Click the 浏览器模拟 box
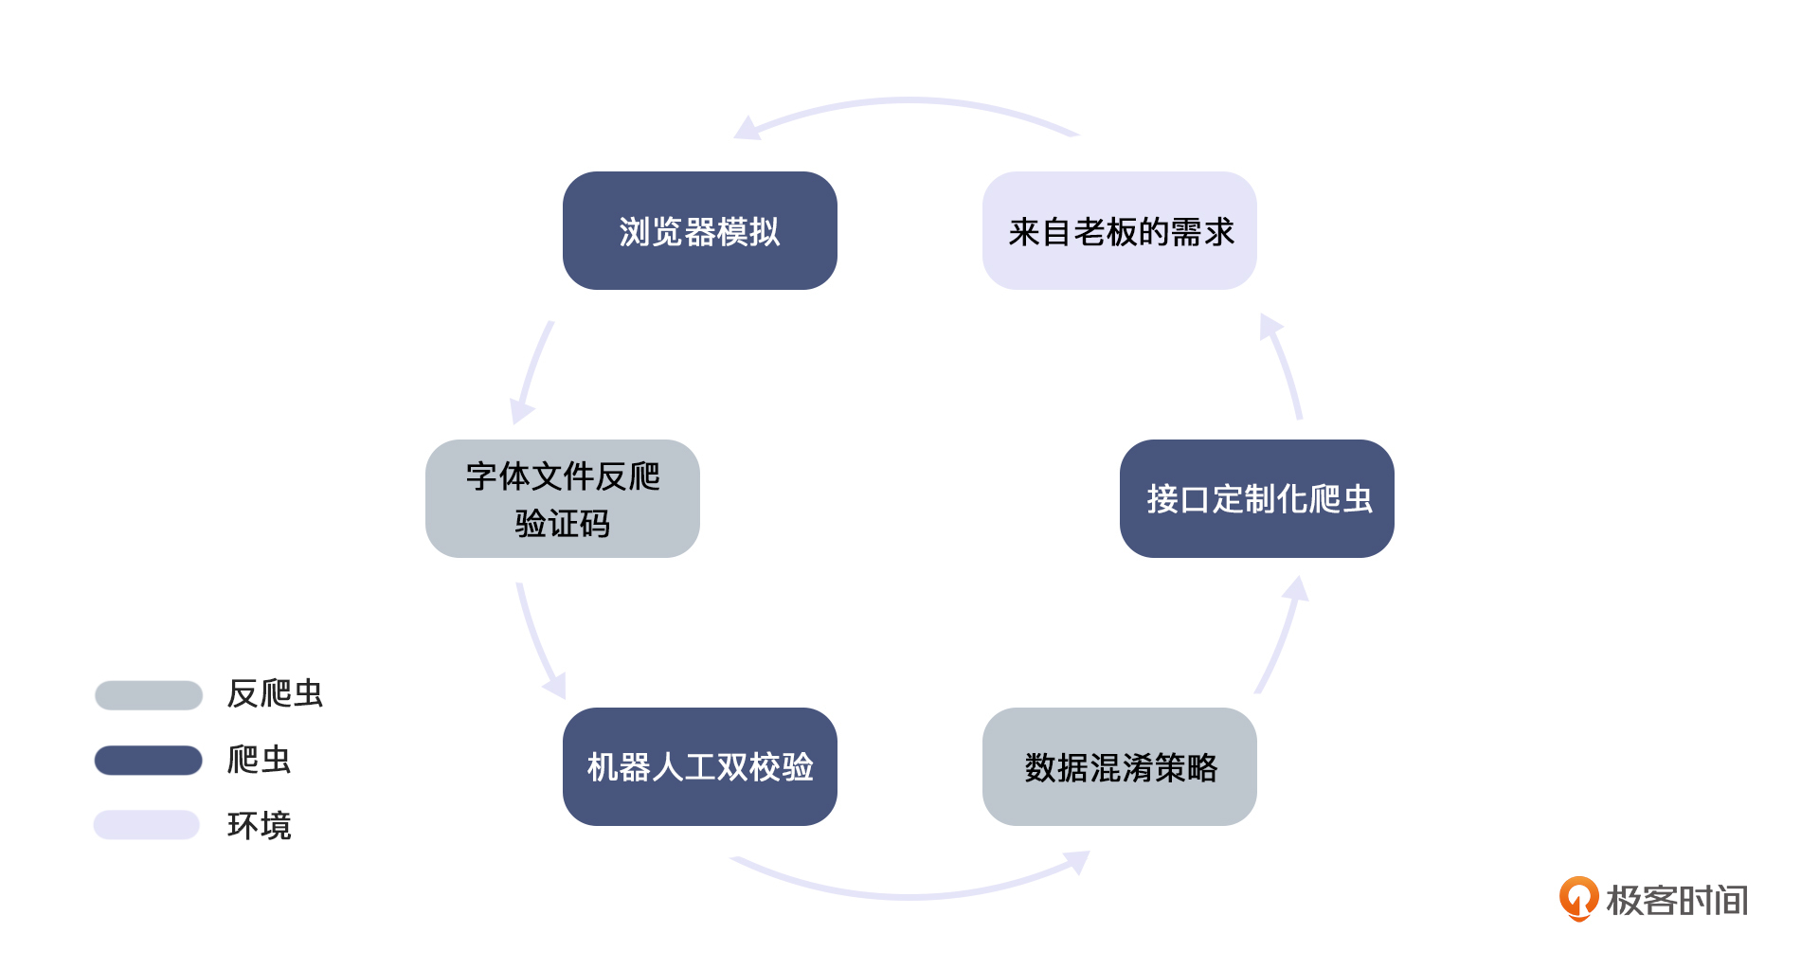[699, 231]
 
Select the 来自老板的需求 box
[1120, 231]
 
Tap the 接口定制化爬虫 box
[1256, 498]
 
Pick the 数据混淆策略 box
[1120, 766]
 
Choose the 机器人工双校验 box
[699, 766]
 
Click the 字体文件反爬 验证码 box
[562, 498]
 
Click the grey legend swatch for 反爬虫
[149, 694]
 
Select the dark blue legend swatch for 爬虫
[149, 760]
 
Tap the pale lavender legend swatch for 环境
[147, 825]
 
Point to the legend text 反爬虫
[275, 693]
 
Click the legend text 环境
[259, 826]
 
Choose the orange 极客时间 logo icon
[1578, 898]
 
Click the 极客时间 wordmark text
[1677, 900]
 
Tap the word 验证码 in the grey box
[562, 523]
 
